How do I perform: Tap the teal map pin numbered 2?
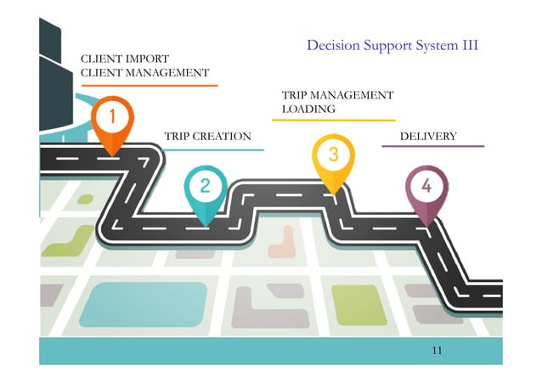pyautogui.click(x=205, y=187)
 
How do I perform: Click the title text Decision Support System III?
pyautogui.click(x=392, y=45)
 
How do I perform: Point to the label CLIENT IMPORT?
pyautogui.click(x=125, y=59)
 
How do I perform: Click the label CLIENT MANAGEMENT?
pyautogui.click(x=144, y=73)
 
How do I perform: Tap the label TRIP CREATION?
pyautogui.click(x=207, y=136)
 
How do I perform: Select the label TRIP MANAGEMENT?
pyautogui.click(x=337, y=95)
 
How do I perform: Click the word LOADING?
pyautogui.click(x=308, y=109)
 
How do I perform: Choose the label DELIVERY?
pyautogui.click(x=428, y=136)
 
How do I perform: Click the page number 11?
pyautogui.click(x=438, y=350)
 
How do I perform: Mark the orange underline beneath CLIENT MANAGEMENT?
pyautogui.click(x=149, y=85)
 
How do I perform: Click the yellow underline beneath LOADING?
pyautogui.click(x=332, y=120)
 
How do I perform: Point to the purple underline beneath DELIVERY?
pyautogui.click(x=432, y=146)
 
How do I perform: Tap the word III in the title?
pyautogui.click(x=470, y=45)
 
